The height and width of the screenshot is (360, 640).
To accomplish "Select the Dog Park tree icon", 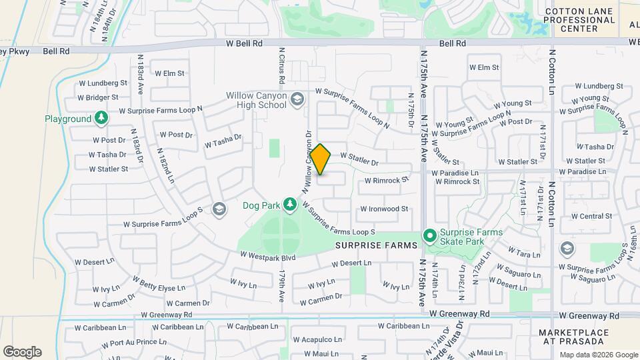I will pyautogui.click(x=289, y=205).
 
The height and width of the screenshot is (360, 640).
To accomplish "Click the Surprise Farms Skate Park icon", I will pyautogui.click(x=431, y=236).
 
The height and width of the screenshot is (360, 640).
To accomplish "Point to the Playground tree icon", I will pyautogui.click(x=101, y=119).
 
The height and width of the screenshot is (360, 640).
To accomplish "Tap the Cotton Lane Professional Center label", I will pyautogui.click(x=579, y=20).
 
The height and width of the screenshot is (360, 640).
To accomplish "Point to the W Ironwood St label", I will pyautogui.click(x=384, y=209).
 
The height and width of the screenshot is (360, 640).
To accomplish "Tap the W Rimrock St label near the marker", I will pyautogui.click(x=387, y=181).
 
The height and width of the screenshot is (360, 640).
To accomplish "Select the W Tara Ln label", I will pyautogui.click(x=524, y=254).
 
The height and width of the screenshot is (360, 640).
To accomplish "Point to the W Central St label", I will pyautogui.click(x=587, y=216).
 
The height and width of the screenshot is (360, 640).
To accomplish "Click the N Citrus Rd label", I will pyautogui.click(x=282, y=65).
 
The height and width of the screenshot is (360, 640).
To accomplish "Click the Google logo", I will pyautogui.click(x=22, y=351).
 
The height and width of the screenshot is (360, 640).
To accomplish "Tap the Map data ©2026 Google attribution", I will pyautogui.click(x=599, y=355).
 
